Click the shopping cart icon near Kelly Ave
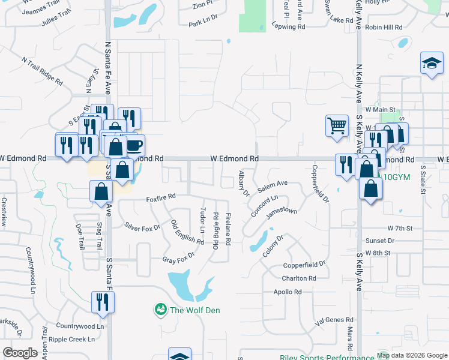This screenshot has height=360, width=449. (337, 126)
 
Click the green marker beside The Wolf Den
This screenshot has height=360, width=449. (160, 310)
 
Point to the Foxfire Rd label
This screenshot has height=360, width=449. (161, 196)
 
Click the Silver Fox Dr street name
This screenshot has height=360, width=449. (142, 228)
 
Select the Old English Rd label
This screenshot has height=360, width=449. (188, 232)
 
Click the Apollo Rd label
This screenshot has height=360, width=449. (288, 292)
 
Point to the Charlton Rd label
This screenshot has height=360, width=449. (299, 278)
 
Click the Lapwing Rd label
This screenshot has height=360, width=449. (288, 27)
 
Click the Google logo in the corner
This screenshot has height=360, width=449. (20, 353)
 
